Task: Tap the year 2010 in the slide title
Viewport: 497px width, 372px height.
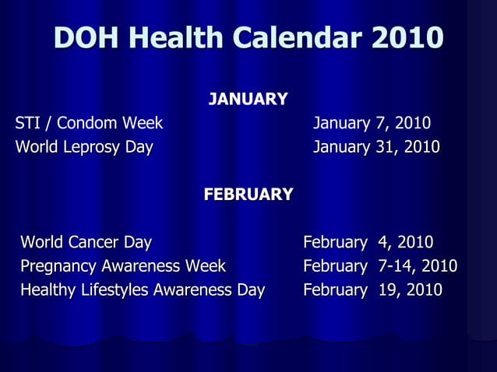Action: [407, 37]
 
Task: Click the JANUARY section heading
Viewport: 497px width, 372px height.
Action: [248, 100]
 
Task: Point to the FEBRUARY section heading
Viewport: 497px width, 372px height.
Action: [248, 194]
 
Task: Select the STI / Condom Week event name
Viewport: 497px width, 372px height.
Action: [89, 123]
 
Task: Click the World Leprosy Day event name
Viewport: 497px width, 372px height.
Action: [84, 147]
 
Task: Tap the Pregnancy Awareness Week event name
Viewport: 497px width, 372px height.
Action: [123, 266]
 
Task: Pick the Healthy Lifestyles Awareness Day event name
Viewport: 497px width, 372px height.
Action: [143, 290]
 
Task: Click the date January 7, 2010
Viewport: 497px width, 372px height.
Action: [372, 123]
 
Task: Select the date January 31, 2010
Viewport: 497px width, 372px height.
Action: [376, 147]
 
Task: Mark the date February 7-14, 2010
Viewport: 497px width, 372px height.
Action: [380, 266]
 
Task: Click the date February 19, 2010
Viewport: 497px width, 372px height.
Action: [372, 290]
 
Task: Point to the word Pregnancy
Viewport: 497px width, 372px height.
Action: [58, 267]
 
